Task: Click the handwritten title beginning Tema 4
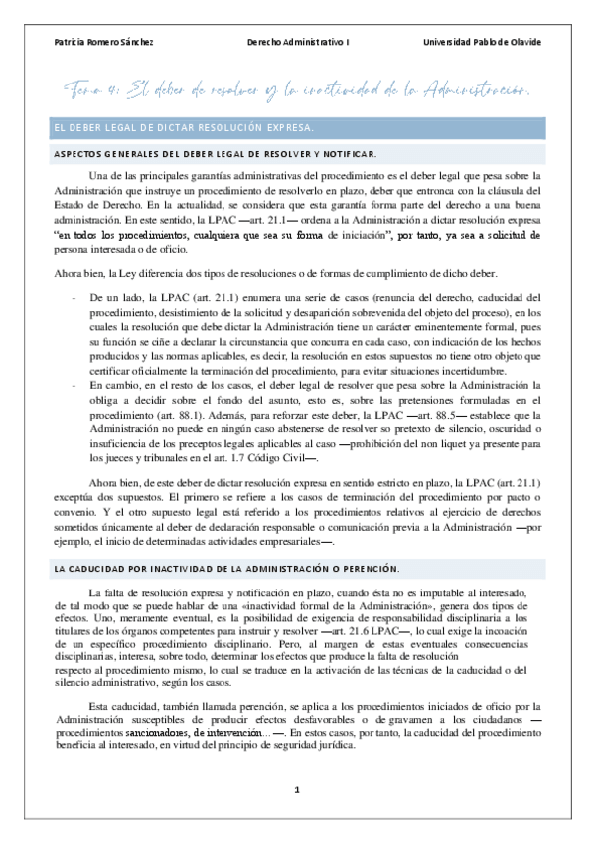(x=298, y=90)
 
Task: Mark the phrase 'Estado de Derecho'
(x=94, y=206)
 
